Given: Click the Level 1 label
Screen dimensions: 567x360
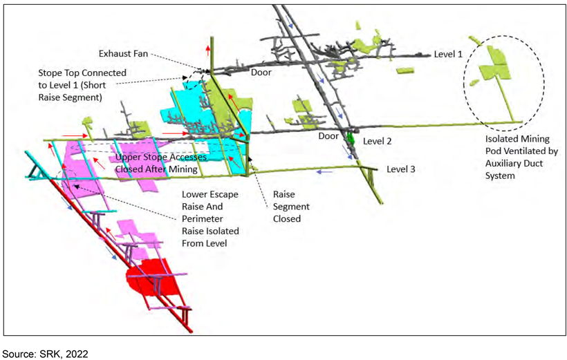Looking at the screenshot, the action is [x=448, y=54].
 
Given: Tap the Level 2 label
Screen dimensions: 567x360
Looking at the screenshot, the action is [x=377, y=142].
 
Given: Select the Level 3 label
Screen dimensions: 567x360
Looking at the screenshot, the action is [x=400, y=169].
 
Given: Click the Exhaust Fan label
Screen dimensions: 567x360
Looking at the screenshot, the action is [x=123, y=54].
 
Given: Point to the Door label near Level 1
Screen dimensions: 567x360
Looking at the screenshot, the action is [x=261, y=73].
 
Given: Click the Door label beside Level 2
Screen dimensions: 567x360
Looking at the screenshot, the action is [x=328, y=136].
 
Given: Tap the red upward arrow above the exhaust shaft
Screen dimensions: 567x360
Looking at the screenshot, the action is [x=208, y=50].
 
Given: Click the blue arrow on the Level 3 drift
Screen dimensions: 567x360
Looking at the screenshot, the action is [x=324, y=172].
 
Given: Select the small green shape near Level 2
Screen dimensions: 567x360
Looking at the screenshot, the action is [x=350, y=138].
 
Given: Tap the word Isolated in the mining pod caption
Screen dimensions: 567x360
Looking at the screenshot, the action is [x=499, y=139].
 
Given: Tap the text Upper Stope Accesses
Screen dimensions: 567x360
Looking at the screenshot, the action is [x=161, y=158].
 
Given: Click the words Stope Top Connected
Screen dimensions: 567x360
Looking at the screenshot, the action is [x=82, y=73].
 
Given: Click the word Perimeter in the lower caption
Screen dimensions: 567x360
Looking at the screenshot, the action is [x=202, y=219].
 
